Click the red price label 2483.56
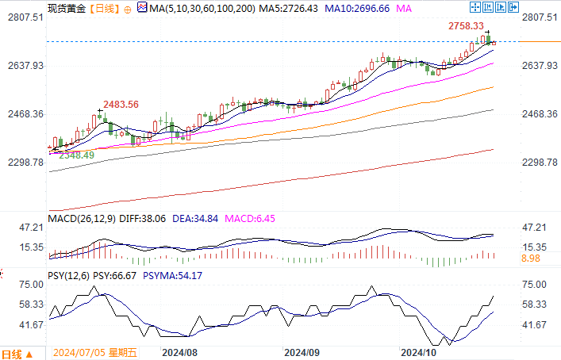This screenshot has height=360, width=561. click(x=122, y=105)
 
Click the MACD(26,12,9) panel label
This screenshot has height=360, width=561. click(x=82, y=218)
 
